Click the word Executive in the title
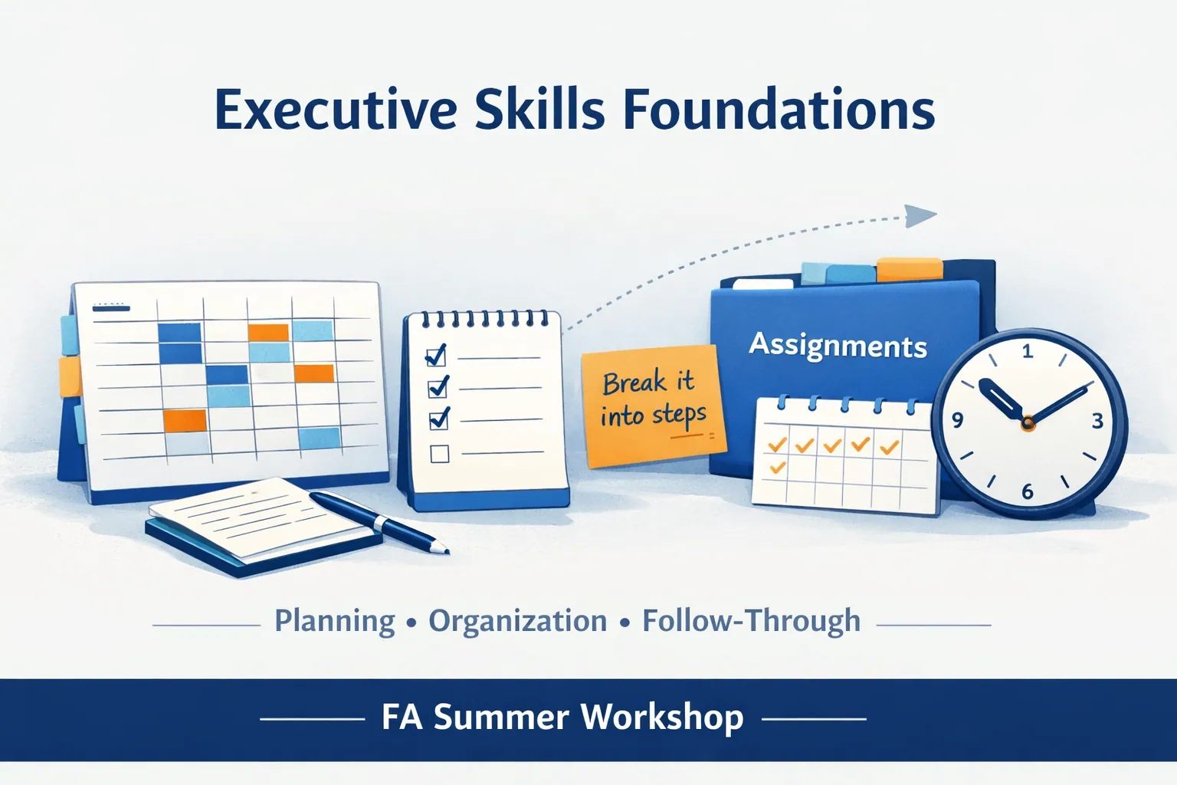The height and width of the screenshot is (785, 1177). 335,110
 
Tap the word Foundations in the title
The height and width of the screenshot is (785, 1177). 779,110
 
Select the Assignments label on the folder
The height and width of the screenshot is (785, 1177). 838,346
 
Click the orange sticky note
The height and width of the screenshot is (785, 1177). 654,405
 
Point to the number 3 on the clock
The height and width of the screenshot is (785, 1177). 1097,421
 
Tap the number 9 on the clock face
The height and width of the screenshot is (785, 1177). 957,420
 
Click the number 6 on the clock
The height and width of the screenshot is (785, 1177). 1028,491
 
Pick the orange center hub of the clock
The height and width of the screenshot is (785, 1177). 1028,422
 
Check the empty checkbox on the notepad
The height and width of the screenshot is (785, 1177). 439,454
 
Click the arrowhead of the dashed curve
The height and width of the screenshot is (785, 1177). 920,215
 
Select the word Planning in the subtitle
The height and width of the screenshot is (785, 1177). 334,622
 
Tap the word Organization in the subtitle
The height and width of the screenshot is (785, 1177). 517,622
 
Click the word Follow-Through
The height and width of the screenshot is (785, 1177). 752,622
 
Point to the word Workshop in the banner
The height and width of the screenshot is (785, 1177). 662,718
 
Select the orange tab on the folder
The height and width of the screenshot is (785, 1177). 909,268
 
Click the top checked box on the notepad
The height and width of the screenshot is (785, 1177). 436,356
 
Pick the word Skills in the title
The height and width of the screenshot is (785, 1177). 539,110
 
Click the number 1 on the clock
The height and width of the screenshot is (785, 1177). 1028,350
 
